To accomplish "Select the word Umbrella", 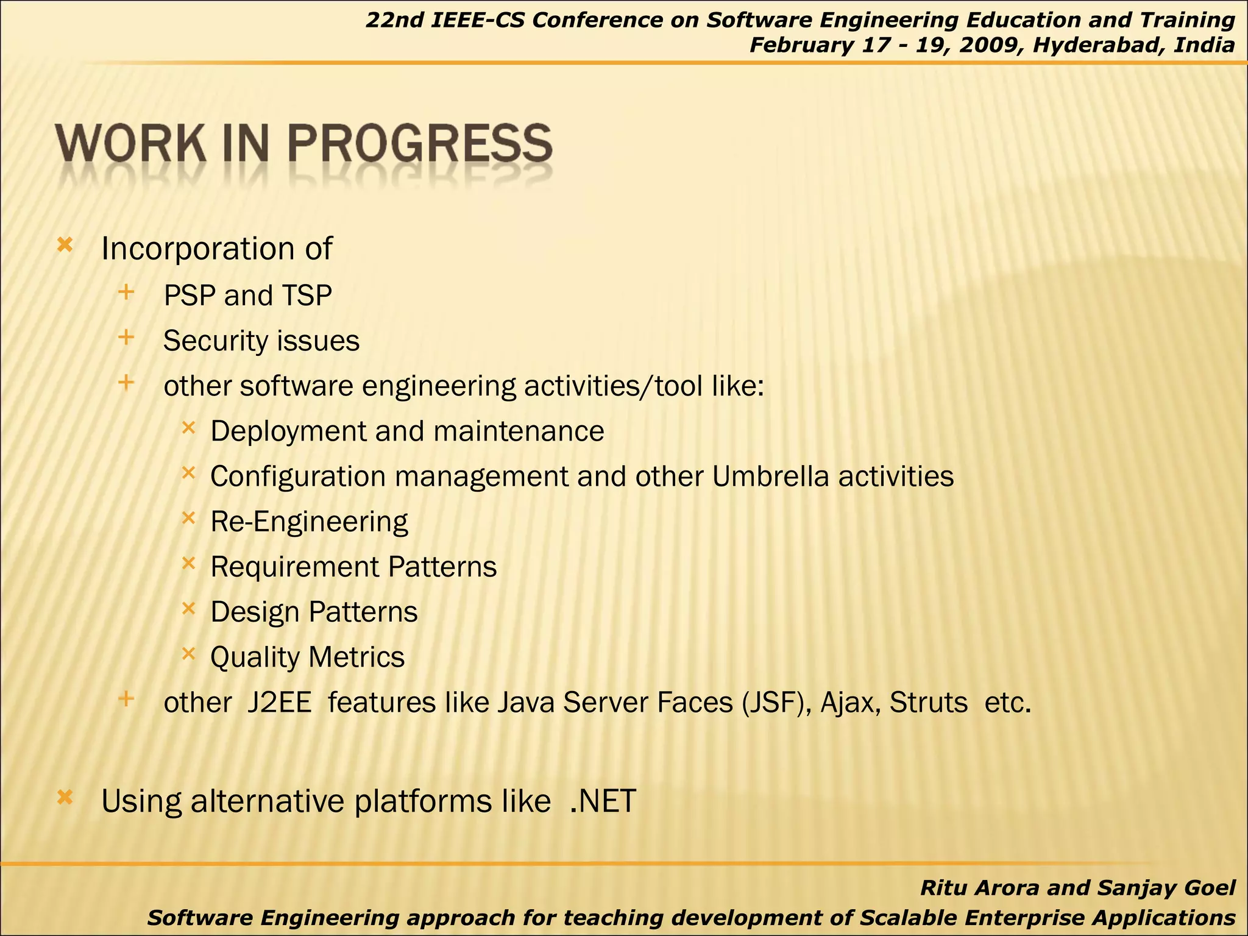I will (770, 477).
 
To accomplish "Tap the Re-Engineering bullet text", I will (309, 522).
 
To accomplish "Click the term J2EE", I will (280, 703).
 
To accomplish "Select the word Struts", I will (928, 703).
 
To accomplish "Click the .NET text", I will (603, 801).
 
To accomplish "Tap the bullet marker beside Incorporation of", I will (65, 246).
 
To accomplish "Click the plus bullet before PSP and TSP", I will (126, 292).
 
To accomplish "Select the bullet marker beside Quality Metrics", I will (188, 654).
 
